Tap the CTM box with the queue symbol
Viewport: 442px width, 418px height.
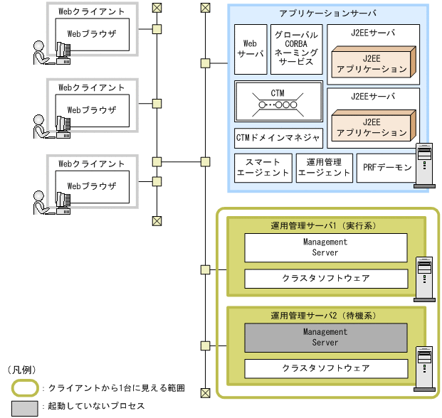point(278,102)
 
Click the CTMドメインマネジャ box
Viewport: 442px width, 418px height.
point(278,137)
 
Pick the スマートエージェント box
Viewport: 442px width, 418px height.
point(263,167)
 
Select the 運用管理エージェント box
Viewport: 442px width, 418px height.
point(324,167)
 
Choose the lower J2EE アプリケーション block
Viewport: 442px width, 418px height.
point(372,126)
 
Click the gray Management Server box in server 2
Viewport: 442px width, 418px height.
point(325,338)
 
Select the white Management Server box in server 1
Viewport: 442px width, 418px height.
point(325,247)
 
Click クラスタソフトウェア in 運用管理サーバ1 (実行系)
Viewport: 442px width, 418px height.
point(325,278)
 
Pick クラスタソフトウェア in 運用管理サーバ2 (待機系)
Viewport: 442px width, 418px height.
point(325,368)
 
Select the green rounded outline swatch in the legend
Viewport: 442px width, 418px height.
point(26,387)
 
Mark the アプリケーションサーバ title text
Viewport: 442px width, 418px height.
point(328,14)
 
